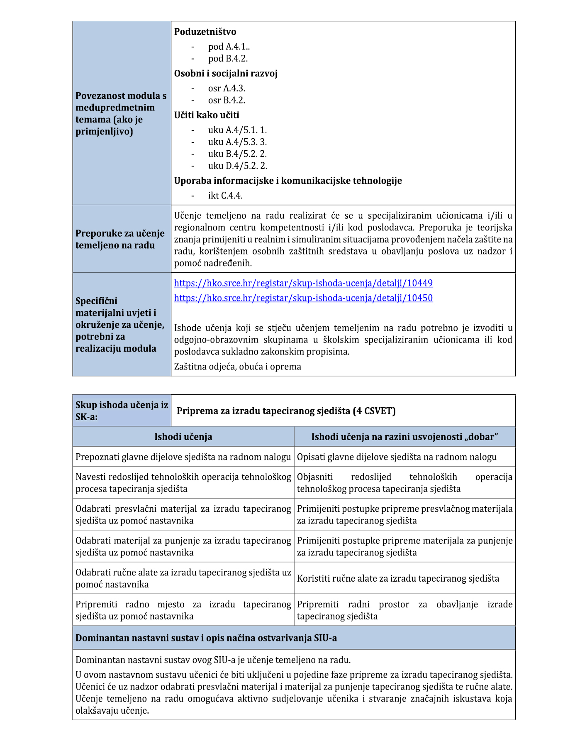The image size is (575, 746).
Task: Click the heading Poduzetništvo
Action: [x=205, y=32]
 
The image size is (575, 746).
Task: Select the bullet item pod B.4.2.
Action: [x=228, y=59]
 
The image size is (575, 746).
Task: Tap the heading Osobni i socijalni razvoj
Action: [x=226, y=73]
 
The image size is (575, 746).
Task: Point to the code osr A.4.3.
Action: [x=227, y=88]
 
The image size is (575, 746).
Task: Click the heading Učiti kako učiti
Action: [x=207, y=115]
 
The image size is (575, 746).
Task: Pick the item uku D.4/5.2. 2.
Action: [x=237, y=166]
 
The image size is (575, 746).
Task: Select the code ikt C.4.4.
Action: [x=225, y=196]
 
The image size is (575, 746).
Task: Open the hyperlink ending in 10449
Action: [x=303, y=283]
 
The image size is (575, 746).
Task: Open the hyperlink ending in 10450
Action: [x=303, y=298]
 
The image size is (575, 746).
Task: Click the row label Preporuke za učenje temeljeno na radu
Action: [x=120, y=239]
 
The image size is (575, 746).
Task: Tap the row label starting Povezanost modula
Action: [x=121, y=113]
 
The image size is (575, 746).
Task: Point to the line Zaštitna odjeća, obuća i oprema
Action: [x=237, y=367]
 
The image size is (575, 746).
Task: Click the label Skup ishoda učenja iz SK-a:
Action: [x=122, y=411]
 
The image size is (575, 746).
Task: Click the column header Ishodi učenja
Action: [x=183, y=437]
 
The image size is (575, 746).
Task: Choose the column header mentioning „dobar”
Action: [x=404, y=437]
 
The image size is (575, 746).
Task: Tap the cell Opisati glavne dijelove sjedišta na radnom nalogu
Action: [x=397, y=457]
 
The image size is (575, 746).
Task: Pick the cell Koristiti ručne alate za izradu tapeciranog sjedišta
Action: [x=398, y=578]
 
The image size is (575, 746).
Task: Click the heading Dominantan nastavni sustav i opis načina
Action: [x=206, y=638]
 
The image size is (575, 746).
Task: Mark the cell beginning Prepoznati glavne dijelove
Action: [x=183, y=457]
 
